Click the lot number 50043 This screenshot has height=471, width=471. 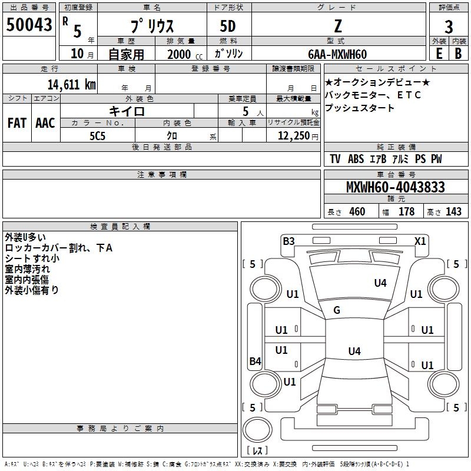point(29,25)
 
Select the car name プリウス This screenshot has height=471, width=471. point(151,26)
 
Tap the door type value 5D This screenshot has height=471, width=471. point(228,26)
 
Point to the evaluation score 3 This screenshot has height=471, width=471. point(449,26)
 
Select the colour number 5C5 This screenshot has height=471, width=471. point(97,136)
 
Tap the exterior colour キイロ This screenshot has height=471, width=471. point(127,111)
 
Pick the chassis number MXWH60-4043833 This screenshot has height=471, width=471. point(395,188)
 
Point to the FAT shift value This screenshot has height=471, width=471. point(17,123)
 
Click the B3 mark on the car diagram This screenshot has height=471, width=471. point(288,241)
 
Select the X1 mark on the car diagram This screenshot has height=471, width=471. point(420,241)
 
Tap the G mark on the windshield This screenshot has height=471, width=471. point(337,310)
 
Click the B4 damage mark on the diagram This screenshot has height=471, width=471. point(255,361)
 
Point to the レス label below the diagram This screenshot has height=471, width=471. point(257,450)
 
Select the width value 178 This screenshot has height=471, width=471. point(406,212)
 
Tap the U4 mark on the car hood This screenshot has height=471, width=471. point(380,283)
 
